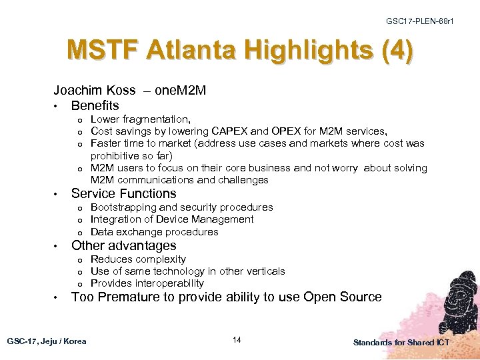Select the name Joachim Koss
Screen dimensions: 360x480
[94, 90]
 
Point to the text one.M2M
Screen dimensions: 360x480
[180, 90]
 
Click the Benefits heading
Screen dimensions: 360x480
[95, 105]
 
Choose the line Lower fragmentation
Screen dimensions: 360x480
[141, 119]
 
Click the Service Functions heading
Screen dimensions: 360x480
[123, 194]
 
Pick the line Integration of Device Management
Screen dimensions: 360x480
[172, 219]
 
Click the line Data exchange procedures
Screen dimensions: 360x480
[154, 232]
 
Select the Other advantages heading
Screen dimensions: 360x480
[123, 246]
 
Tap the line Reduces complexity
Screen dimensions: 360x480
[138, 259]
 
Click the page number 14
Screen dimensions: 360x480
[237, 341]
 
